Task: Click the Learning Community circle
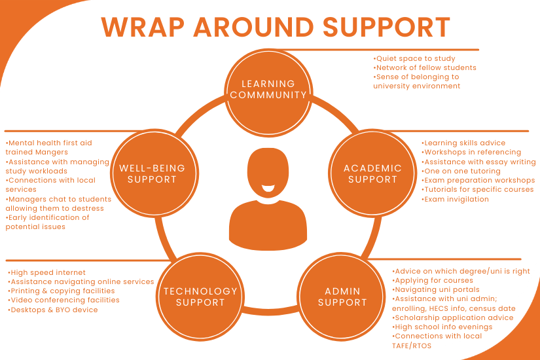point(268,92)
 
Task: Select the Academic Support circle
point(372,173)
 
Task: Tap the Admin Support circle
point(342,297)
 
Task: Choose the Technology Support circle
point(200,297)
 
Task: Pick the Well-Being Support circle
point(154,173)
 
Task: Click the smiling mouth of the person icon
point(268,188)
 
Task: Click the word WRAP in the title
point(143,27)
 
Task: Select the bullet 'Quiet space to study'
point(414,59)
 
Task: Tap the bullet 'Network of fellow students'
point(425,68)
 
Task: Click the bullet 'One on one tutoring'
point(461,171)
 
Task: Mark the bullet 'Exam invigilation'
point(455,199)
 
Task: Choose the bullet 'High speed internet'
point(46,273)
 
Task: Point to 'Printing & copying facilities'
point(62,291)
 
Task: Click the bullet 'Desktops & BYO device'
point(53,310)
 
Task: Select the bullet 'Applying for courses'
point(433,281)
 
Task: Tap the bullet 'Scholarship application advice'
point(452,317)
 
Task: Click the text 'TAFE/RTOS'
point(412,346)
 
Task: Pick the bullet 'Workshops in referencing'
point(471,153)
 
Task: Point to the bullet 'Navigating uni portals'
point(436,290)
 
